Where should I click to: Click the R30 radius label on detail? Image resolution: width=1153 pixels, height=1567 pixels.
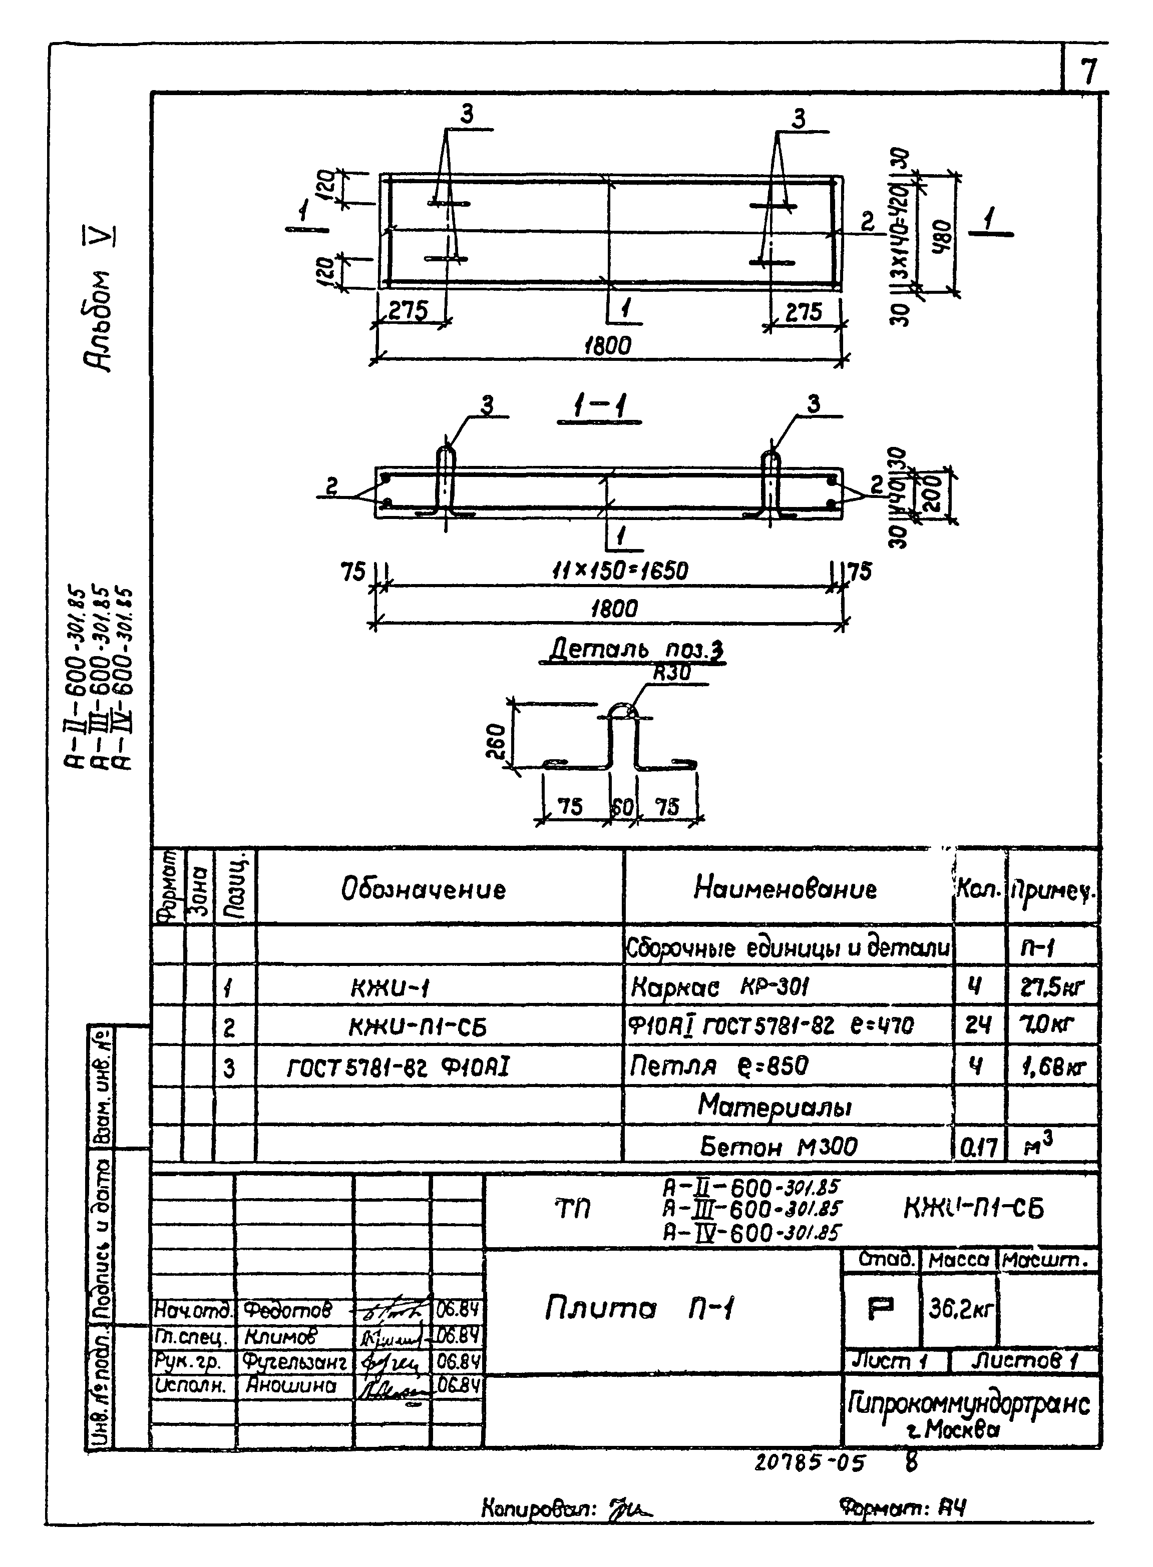pos(671,673)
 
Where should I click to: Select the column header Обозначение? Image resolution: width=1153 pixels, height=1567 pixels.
pos(423,889)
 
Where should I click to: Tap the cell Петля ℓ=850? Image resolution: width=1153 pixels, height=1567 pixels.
pos(719,1066)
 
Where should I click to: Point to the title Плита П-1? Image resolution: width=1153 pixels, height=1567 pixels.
pos(639,1308)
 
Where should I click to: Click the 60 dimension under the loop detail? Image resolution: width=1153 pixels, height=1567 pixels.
pos(622,807)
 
